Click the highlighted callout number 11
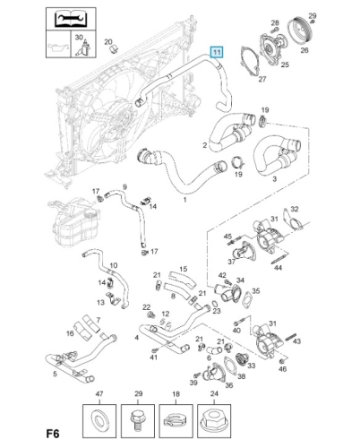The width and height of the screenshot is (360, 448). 217,53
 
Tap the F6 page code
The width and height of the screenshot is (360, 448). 53,434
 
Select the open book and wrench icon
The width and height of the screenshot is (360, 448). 71,19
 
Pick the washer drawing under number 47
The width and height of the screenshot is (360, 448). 99,420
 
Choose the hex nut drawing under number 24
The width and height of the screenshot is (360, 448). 214,420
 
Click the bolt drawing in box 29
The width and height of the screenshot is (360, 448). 137,421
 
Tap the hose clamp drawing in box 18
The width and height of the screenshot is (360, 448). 176,421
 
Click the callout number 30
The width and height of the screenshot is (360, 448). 79,38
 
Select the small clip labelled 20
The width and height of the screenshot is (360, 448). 114,49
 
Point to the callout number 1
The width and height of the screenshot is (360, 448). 184,200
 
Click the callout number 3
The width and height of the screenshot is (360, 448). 275,179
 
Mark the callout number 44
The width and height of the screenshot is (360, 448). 278,267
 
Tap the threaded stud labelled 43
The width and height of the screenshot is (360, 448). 290,337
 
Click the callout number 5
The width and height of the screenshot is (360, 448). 55,374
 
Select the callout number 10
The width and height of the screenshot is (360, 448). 114,265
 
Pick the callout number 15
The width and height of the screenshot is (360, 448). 184,269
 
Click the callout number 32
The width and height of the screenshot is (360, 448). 295,209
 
